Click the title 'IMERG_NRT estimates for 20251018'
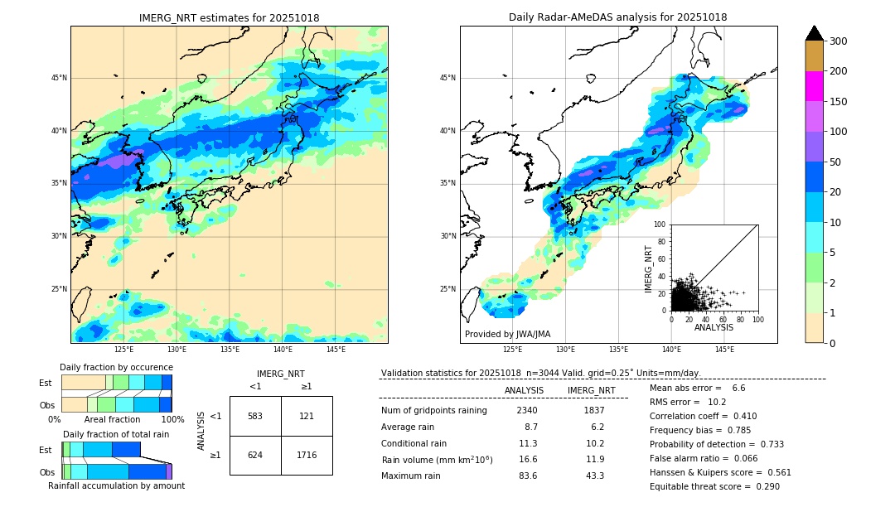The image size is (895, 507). coord(229,17)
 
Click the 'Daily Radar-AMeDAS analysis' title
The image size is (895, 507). coord(618,17)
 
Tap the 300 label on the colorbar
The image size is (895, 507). coord(838,41)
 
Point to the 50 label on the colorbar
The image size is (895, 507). coord(835,162)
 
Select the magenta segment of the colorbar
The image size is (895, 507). coord(814,86)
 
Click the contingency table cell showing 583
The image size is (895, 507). coord(255,416)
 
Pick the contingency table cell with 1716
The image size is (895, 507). coord(307,455)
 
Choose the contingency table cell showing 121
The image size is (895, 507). coord(307,416)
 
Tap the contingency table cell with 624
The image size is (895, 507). coord(255,455)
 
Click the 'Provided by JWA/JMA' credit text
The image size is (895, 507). coord(507,334)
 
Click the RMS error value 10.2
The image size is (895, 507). coord(718,402)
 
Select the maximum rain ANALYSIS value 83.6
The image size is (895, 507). coord(527,476)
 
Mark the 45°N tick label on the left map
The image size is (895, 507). coord(59,78)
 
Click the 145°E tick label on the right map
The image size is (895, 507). coord(724,350)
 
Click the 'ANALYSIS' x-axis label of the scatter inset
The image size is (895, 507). coord(714,327)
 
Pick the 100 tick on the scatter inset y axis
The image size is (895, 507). coord(660,225)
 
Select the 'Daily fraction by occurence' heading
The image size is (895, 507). coord(116,367)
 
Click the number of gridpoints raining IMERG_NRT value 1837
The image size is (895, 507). coord(593,410)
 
